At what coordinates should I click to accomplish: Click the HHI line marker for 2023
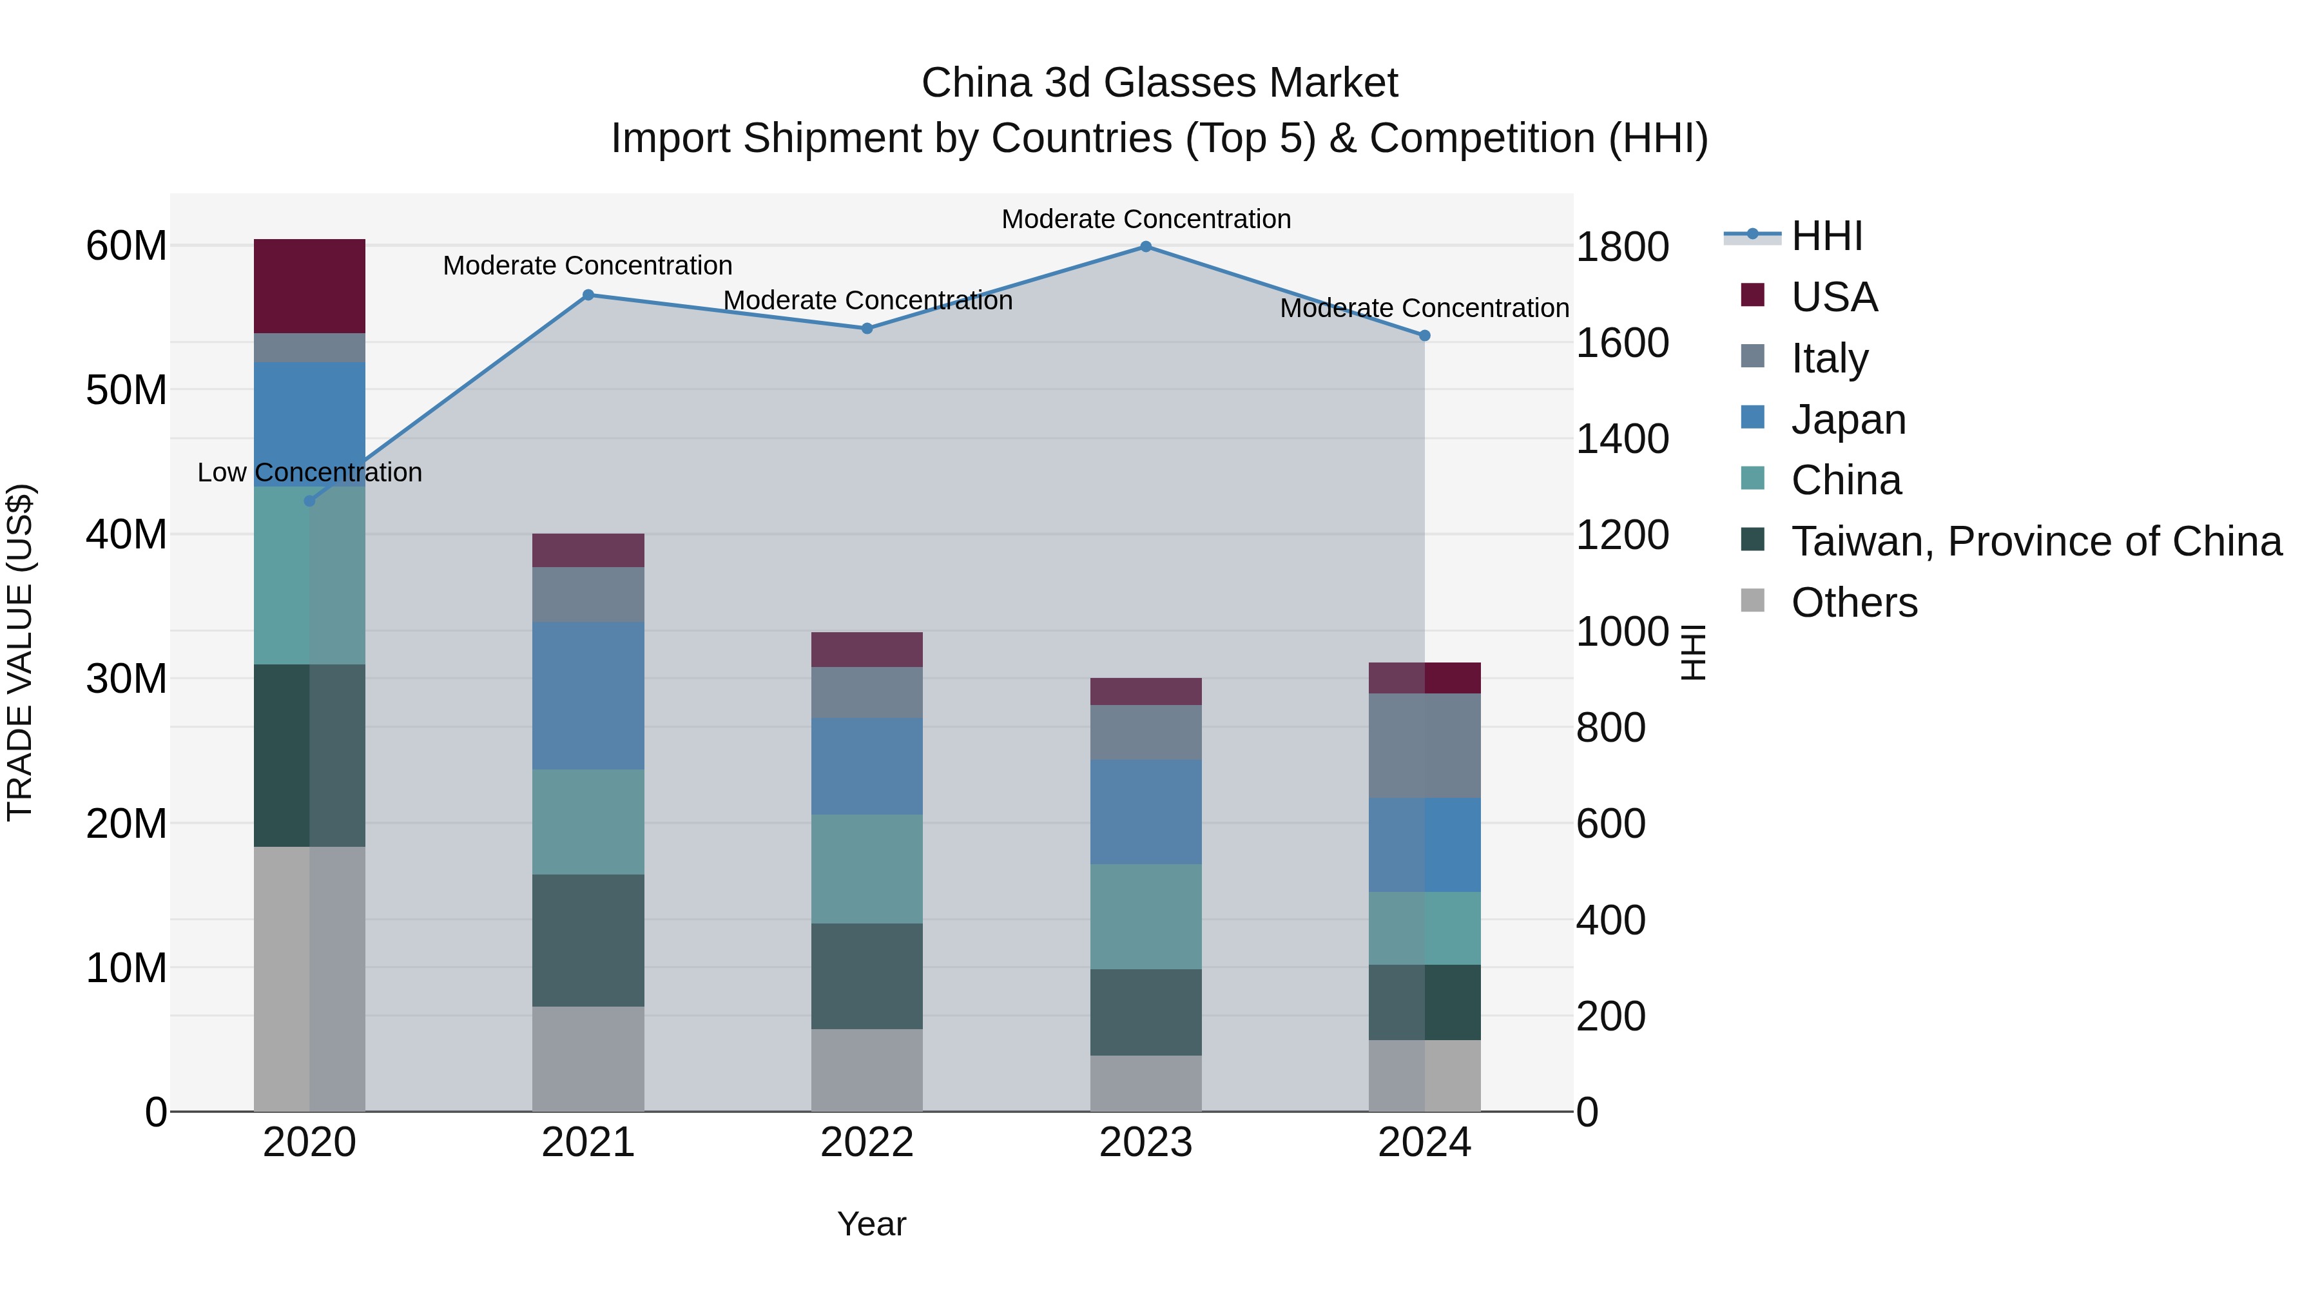pyautogui.click(x=1146, y=247)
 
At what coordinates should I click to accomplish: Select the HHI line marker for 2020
pyautogui.click(x=310, y=501)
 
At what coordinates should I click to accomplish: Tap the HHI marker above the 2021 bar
pyautogui.click(x=588, y=295)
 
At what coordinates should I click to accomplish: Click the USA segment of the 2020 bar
pyautogui.click(x=310, y=285)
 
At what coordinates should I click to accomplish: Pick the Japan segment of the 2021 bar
pyautogui.click(x=588, y=695)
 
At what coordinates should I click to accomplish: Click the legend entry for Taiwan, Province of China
pyautogui.click(x=2035, y=541)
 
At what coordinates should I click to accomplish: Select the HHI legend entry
pyautogui.click(x=1826, y=236)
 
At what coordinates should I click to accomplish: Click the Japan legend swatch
pyautogui.click(x=1753, y=418)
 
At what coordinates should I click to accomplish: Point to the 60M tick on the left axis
pyautogui.click(x=126, y=246)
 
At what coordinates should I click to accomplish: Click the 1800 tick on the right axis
pyautogui.click(x=1622, y=247)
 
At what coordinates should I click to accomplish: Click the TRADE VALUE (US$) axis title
pyautogui.click(x=20, y=652)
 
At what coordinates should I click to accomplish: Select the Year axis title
pyautogui.click(x=871, y=1224)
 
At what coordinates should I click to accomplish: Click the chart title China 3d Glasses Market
pyautogui.click(x=1159, y=83)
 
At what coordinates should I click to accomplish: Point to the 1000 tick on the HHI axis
pyautogui.click(x=1622, y=632)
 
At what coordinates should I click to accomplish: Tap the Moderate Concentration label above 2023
pyautogui.click(x=1146, y=219)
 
